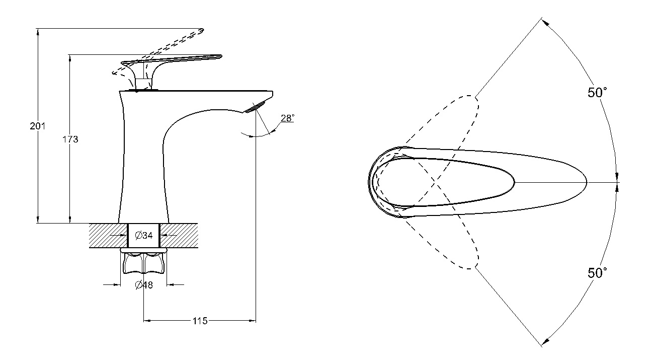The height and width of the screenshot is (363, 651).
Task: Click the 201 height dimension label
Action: pyautogui.click(x=38, y=126)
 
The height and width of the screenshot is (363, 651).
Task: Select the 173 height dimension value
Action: pyautogui.click(x=70, y=139)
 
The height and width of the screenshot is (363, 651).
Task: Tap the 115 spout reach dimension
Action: pyautogui.click(x=200, y=321)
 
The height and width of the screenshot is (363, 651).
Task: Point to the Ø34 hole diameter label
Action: pyautogui.click(x=144, y=235)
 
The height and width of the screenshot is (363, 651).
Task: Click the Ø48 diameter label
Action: pyautogui.click(x=144, y=285)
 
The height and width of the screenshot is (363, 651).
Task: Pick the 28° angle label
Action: pyautogui.click(x=287, y=118)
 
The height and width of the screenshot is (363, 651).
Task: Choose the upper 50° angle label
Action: pyautogui.click(x=597, y=92)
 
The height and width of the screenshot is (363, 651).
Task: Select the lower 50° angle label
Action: pyautogui.click(x=597, y=273)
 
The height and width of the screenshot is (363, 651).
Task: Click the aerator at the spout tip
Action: pyautogui.click(x=256, y=107)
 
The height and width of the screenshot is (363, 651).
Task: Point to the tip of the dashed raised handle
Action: pyautogui.click(x=203, y=30)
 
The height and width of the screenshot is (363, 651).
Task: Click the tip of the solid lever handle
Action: pyautogui.click(x=221, y=56)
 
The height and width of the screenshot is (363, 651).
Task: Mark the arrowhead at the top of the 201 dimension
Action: pyautogui.click(x=38, y=31)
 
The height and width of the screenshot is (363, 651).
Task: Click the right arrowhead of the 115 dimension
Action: pyautogui.click(x=253, y=321)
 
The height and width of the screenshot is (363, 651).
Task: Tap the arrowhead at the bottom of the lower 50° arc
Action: pyautogui.click(x=545, y=341)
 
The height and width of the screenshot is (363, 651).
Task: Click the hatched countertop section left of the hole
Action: pyautogui.click(x=108, y=236)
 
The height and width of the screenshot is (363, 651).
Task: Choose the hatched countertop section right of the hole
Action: pyautogui.click(x=179, y=236)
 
